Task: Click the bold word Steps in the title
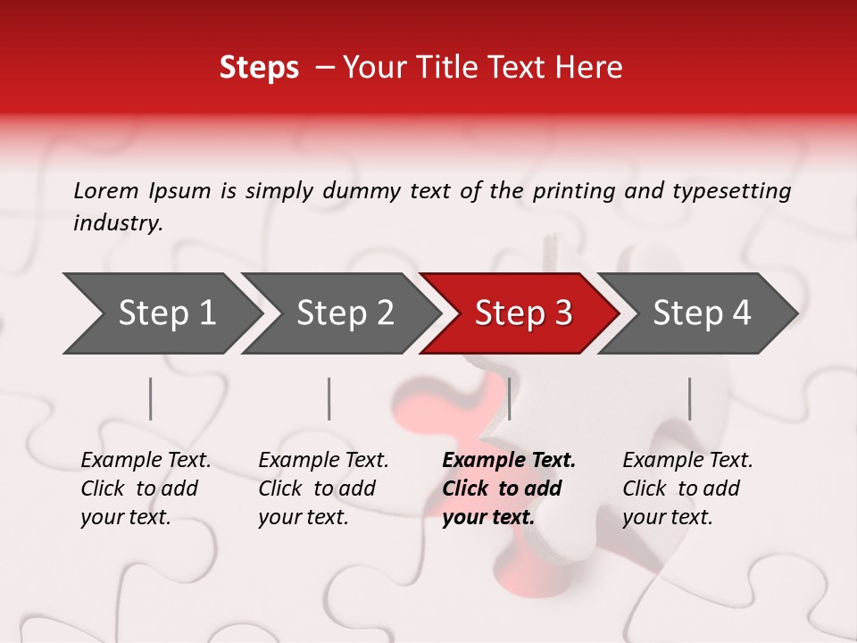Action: click(259, 68)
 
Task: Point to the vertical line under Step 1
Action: click(151, 398)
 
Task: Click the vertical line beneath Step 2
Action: click(329, 398)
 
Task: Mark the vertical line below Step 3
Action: click(509, 398)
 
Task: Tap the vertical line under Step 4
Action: click(689, 398)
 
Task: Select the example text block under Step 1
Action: click(146, 489)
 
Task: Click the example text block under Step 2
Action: click(323, 489)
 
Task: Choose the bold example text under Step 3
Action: click(509, 489)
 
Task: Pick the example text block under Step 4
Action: click(687, 489)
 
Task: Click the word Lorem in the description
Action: click(106, 191)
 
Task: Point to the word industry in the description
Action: click(118, 223)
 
